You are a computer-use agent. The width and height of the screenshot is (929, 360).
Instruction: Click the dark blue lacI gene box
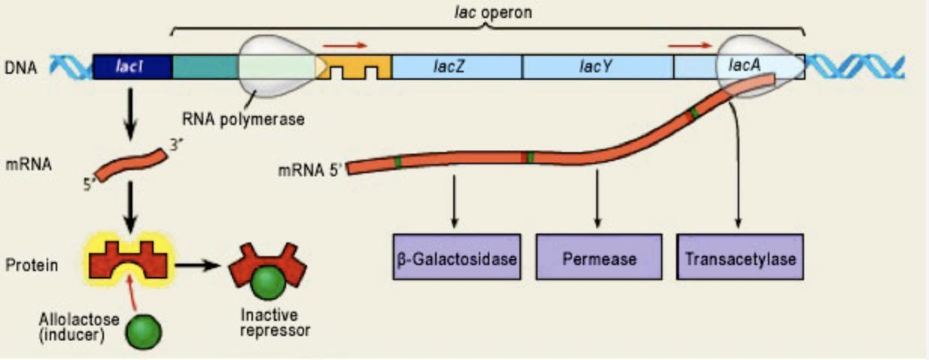pos(132,67)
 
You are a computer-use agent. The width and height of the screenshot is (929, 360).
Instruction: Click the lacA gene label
pos(744,66)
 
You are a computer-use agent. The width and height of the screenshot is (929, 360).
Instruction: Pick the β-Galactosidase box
pos(456,257)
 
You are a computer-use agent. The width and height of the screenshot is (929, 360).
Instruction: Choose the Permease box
pos(599,257)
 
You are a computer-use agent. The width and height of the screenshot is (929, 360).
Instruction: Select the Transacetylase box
pos(740,257)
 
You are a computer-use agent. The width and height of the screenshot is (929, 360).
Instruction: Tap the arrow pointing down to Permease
pos(598,198)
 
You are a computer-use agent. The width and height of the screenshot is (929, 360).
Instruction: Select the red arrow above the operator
pos(344,44)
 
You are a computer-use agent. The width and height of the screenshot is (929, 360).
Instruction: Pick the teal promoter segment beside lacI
pos(205,67)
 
